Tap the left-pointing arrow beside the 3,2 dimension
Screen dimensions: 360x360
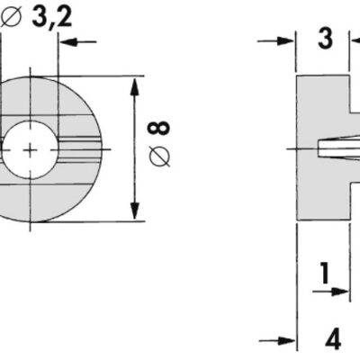(x=80, y=42)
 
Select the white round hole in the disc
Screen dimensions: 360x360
(x=28, y=148)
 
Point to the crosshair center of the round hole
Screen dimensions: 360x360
(x=30, y=148)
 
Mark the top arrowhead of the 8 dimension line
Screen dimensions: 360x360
(x=135, y=85)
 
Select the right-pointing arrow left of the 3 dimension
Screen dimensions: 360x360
(x=284, y=41)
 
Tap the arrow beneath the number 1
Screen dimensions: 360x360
(x=337, y=292)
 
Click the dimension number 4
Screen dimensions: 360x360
(x=333, y=340)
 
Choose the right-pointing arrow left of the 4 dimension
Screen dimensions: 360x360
(x=284, y=341)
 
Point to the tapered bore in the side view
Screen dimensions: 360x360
(x=333, y=147)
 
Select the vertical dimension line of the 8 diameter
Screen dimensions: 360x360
(x=135, y=148)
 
